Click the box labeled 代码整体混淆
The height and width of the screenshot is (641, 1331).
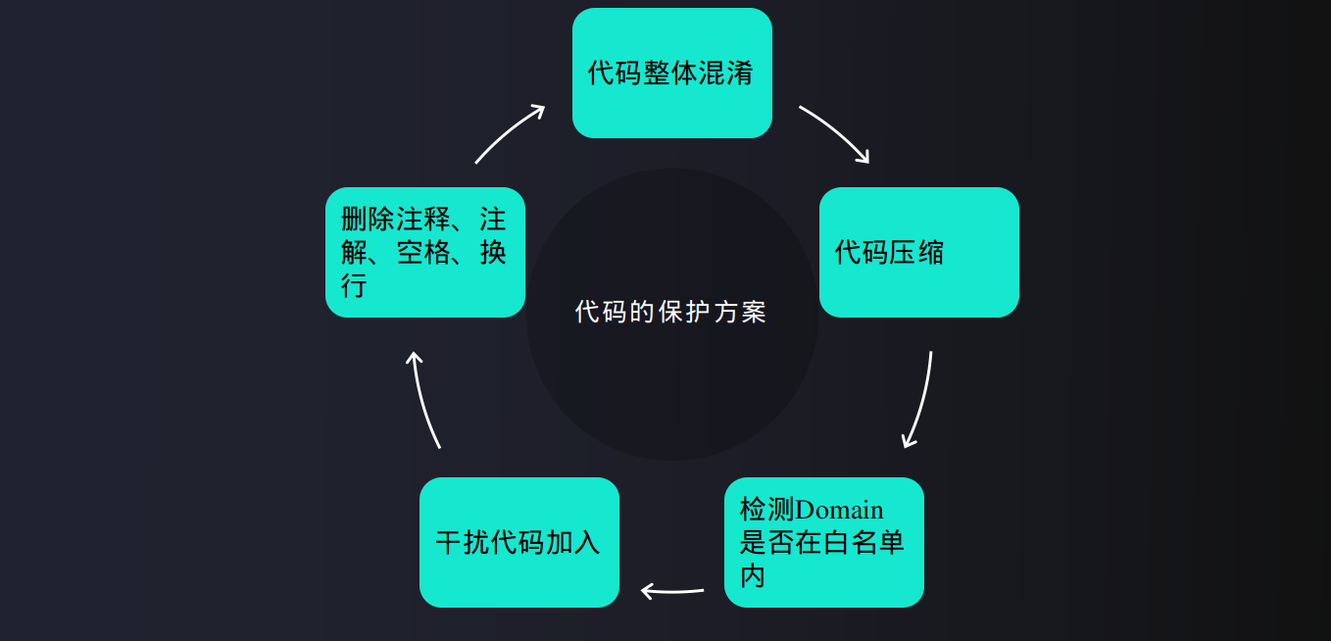click(x=671, y=73)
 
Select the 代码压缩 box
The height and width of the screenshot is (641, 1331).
click(x=918, y=252)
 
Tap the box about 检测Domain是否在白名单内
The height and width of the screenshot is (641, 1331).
click(x=823, y=542)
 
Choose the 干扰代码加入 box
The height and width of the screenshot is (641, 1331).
click(x=518, y=542)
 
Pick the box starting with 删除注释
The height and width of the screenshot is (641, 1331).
click(x=424, y=252)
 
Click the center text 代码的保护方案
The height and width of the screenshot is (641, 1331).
click(x=671, y=313)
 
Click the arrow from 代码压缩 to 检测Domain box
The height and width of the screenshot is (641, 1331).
click(x=919, y=400)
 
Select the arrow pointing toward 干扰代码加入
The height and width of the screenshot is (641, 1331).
click(x=672, y=590)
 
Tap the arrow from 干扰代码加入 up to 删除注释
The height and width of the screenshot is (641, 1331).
click(x=424, y=399)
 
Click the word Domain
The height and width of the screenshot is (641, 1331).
click(x=839, y=511)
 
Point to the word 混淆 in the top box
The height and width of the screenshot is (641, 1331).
click(x=726, y=73)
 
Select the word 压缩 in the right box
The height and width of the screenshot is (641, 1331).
click(x=917, y=253)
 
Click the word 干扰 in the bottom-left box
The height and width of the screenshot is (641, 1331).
click(x=463, y=543)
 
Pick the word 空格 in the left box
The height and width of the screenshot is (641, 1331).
click(x=424, y=253)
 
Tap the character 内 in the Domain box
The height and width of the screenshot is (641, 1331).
click(x=753, y=575)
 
